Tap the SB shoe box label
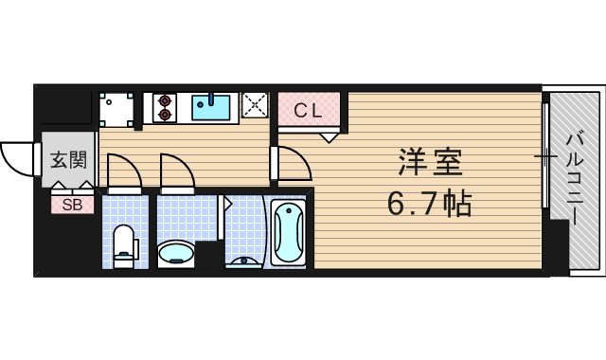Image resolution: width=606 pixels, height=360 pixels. (72, 204)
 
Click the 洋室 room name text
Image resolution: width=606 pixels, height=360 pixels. (429, 163)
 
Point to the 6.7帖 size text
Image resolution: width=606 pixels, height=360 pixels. (429, 203)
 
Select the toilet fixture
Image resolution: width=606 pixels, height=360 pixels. (124, 245)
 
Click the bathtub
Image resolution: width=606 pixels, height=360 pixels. (289, 233)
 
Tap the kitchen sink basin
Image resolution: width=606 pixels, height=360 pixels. (214, 107)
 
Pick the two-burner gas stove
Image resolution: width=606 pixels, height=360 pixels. (166, 106)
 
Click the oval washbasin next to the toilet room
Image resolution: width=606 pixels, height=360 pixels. (176, 252)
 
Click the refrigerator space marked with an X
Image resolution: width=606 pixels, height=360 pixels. (255, 106)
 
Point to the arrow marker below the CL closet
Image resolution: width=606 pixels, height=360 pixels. (329, 136)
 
